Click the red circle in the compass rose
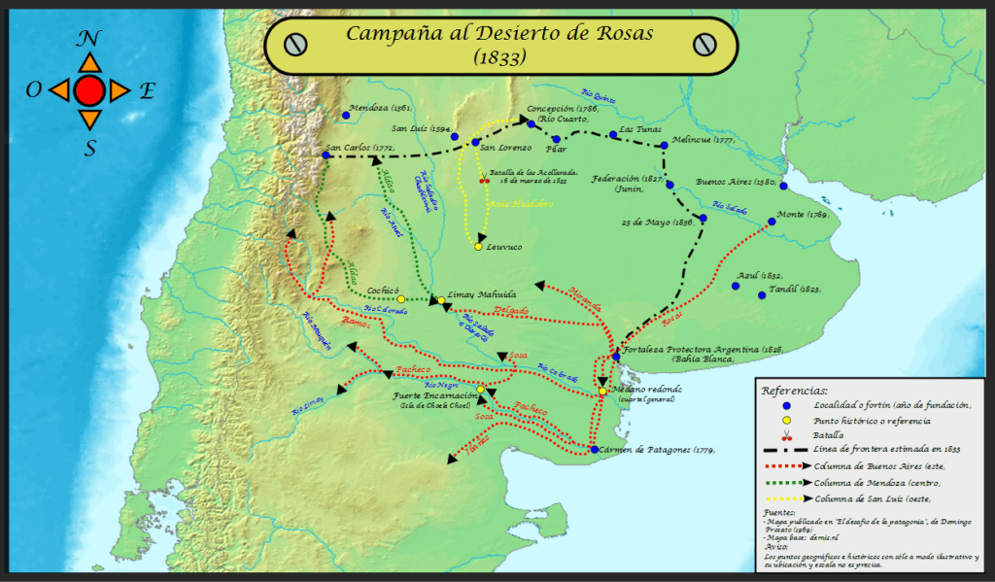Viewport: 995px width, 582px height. (x=89, y=91)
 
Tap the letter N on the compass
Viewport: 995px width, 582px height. (x=89, y=39)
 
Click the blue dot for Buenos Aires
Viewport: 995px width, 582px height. (x=783, y=187)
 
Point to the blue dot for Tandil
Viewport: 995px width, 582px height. (x=762, y=295)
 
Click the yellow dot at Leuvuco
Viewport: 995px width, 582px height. (x=478, y=247)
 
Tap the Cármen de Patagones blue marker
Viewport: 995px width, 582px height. (x=594, y=449)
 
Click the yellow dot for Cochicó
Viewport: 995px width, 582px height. (x=401, y=299)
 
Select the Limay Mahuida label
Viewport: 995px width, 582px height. (x=482, y=293)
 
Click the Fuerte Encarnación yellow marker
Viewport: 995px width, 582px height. (x=480, y=390)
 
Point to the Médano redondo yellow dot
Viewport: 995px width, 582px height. (x=602, y=392)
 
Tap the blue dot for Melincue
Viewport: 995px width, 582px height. (x=664, y=146)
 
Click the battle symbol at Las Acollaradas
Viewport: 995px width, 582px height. (x=484, y=180)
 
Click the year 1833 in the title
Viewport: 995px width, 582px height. (x=500, y=58)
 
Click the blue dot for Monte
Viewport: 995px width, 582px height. (x=772, y=222)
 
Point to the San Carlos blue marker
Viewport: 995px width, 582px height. (x=326, y=154)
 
